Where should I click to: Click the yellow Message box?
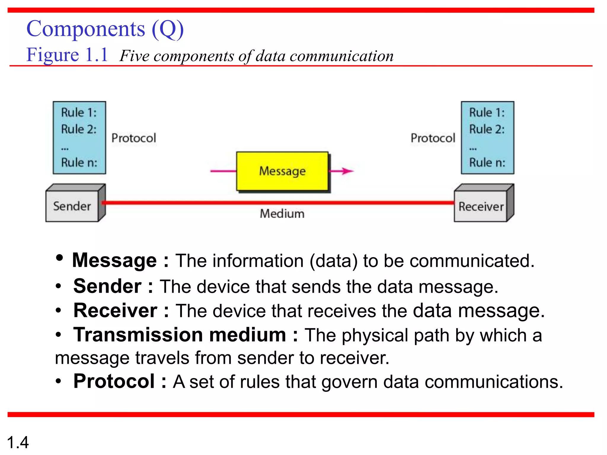[282, 171]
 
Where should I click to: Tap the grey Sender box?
[72, 206]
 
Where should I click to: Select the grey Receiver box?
[481, 206]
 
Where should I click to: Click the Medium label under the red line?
[282, 214]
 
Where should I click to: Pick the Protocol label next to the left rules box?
[134, 138]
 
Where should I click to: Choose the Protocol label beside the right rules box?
[433, 138]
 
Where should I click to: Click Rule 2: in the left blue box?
[79, 129]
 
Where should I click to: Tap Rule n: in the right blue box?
[487, 162]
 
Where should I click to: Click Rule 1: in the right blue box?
[487, 113]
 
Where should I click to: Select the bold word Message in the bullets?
[114, 260]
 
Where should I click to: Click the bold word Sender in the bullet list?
[107, 286]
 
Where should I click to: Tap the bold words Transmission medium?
[180, 335]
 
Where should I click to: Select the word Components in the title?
[86, 29]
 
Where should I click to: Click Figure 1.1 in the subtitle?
[67, 55]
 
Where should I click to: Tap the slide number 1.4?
[18, 442]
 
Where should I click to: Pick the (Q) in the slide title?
[168, 29]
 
